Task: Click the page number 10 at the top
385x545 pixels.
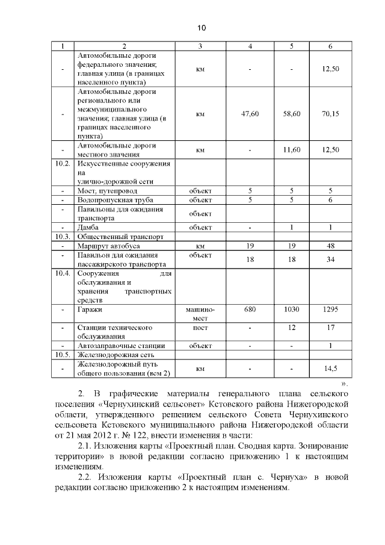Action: [201, 28]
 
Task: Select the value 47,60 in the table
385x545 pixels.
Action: [250, 114]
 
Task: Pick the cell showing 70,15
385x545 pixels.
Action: [330, 114]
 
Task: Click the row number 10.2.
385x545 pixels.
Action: [63, 164]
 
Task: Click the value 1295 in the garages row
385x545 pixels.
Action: [330, 309]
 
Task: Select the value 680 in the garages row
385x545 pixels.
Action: [250, 309]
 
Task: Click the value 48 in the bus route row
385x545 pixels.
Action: [330, 246]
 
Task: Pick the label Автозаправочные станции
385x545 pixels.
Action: [121, 346]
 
